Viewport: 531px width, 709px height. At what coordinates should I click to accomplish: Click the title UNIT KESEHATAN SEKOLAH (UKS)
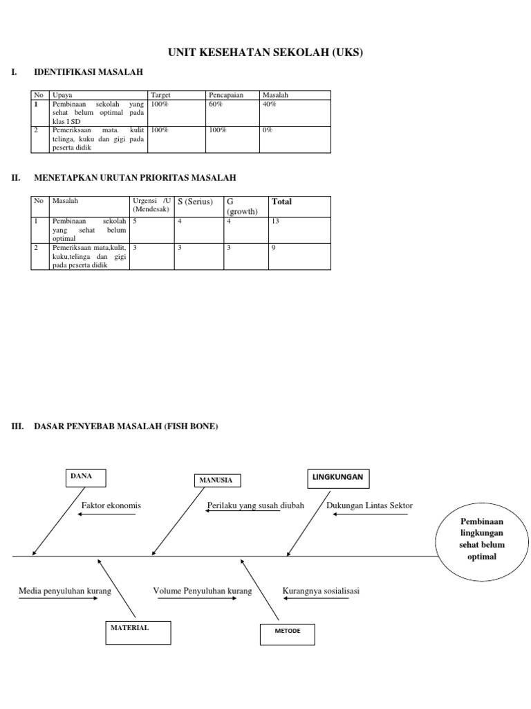[265, 52]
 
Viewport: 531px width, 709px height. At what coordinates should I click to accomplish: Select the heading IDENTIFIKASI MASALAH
[89, 72]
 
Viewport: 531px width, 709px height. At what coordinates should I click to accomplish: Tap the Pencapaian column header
[225, 95]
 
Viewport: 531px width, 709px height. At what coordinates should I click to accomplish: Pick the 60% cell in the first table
[216, 104]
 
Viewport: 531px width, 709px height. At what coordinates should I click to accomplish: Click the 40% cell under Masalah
[269, 104]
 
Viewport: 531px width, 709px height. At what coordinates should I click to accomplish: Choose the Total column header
[281, 201]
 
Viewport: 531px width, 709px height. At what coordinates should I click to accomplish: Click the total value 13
[276, 222]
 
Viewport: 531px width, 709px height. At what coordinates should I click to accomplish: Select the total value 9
[274, 247]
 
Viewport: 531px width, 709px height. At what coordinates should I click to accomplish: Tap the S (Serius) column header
[195, 201]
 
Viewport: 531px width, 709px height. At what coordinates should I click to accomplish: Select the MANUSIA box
[217, 481]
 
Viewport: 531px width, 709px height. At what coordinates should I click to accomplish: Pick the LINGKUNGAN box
[337, 478]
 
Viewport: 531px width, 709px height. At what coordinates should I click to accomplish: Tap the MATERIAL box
[138, 631]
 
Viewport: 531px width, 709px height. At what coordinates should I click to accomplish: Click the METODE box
[286, 634]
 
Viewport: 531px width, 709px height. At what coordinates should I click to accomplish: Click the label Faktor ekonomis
[111, 505]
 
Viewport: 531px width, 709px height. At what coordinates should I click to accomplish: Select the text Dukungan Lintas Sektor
[369, 505]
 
